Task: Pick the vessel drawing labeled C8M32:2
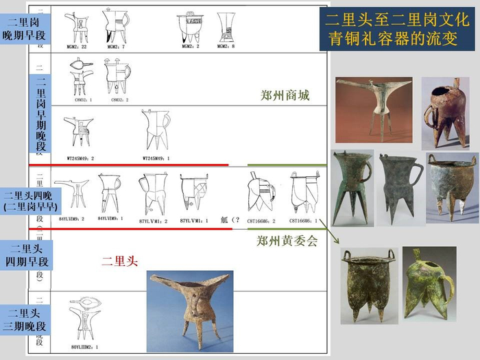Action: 117,75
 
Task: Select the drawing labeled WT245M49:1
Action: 158,131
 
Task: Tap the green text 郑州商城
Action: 286,95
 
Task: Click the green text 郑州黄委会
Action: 287,241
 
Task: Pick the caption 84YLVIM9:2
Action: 72,219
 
